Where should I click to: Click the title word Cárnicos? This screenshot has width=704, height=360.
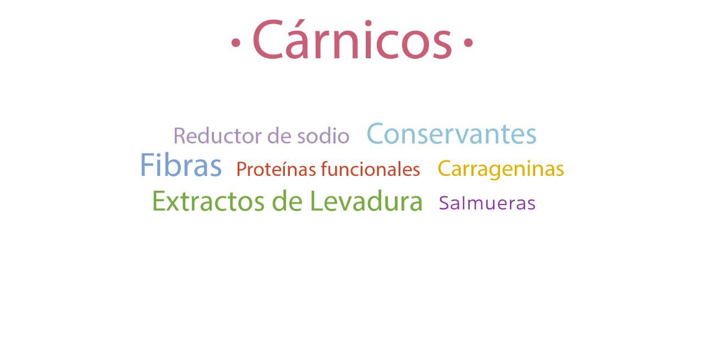coord(353,39)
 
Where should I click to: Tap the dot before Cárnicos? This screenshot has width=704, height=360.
coord(236,42)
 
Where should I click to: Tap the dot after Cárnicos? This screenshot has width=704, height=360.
coord(468,42)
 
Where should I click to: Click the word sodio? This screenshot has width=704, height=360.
coord(323,136)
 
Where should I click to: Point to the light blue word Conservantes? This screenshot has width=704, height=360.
coord(452,134)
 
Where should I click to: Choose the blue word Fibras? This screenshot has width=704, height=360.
coord(181,165)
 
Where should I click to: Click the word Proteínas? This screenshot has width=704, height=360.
coord(276,169)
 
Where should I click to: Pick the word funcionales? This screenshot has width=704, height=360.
coord(370,169)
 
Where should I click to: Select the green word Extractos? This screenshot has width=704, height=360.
coord(208,201)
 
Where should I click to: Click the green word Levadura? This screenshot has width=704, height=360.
coord(366,201)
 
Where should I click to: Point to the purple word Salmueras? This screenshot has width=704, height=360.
coord(487,203)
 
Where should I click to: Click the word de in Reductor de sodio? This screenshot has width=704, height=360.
coord(279,136)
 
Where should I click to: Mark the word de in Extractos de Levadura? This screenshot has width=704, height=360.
coord(287,201)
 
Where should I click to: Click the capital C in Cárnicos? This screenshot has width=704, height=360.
coord(267,39)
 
